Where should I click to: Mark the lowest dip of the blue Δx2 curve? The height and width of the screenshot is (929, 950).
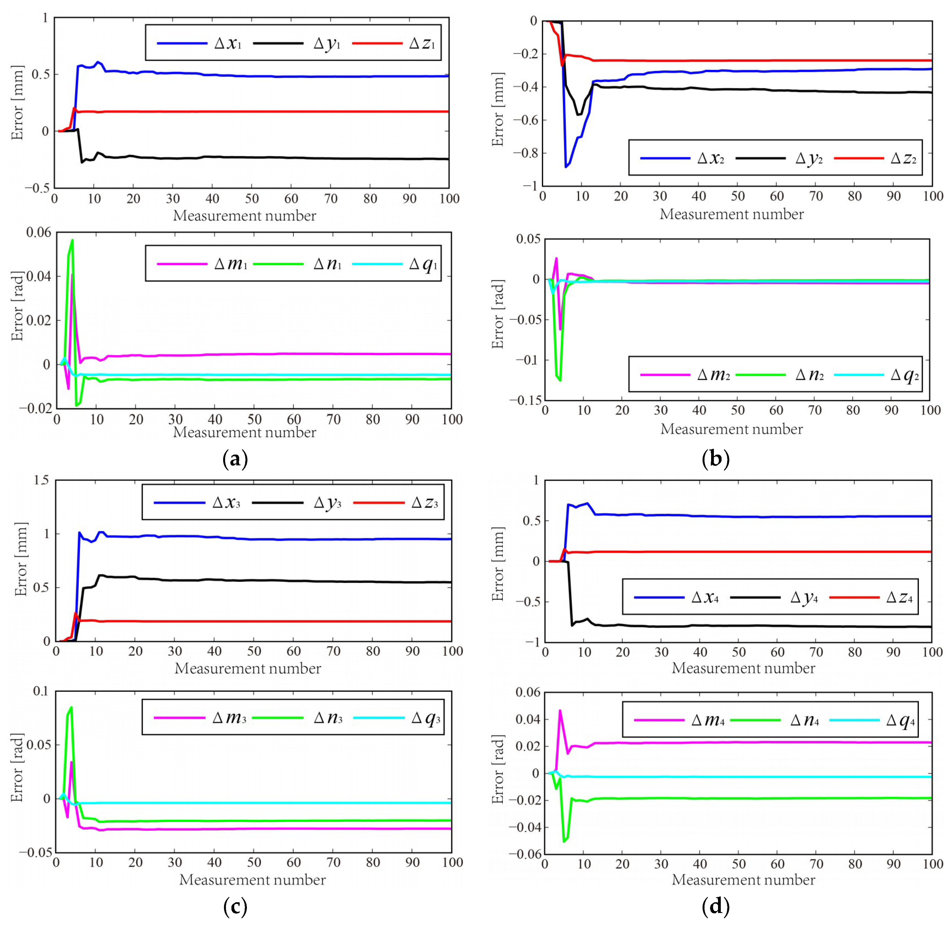tap(565, 167)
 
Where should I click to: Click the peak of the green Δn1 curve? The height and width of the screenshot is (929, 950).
tap(72, 240)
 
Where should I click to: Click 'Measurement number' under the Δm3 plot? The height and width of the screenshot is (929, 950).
tap(252, 879)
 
